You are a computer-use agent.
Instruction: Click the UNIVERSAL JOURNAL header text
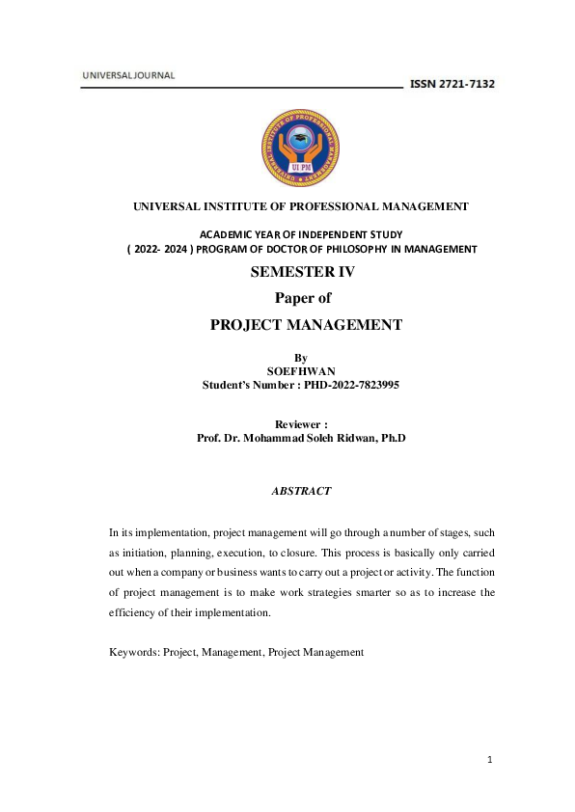tap(128, 75)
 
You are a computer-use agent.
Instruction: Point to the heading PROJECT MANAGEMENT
tap(306, 325)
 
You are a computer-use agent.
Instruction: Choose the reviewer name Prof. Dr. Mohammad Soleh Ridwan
tap(301, 438)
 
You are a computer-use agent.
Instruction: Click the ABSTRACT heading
tap(302, 491)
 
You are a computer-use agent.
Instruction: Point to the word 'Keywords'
tap(132, 652)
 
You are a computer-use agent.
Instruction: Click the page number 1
tap(490, 760)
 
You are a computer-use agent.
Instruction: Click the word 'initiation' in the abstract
tap(153, 555)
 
